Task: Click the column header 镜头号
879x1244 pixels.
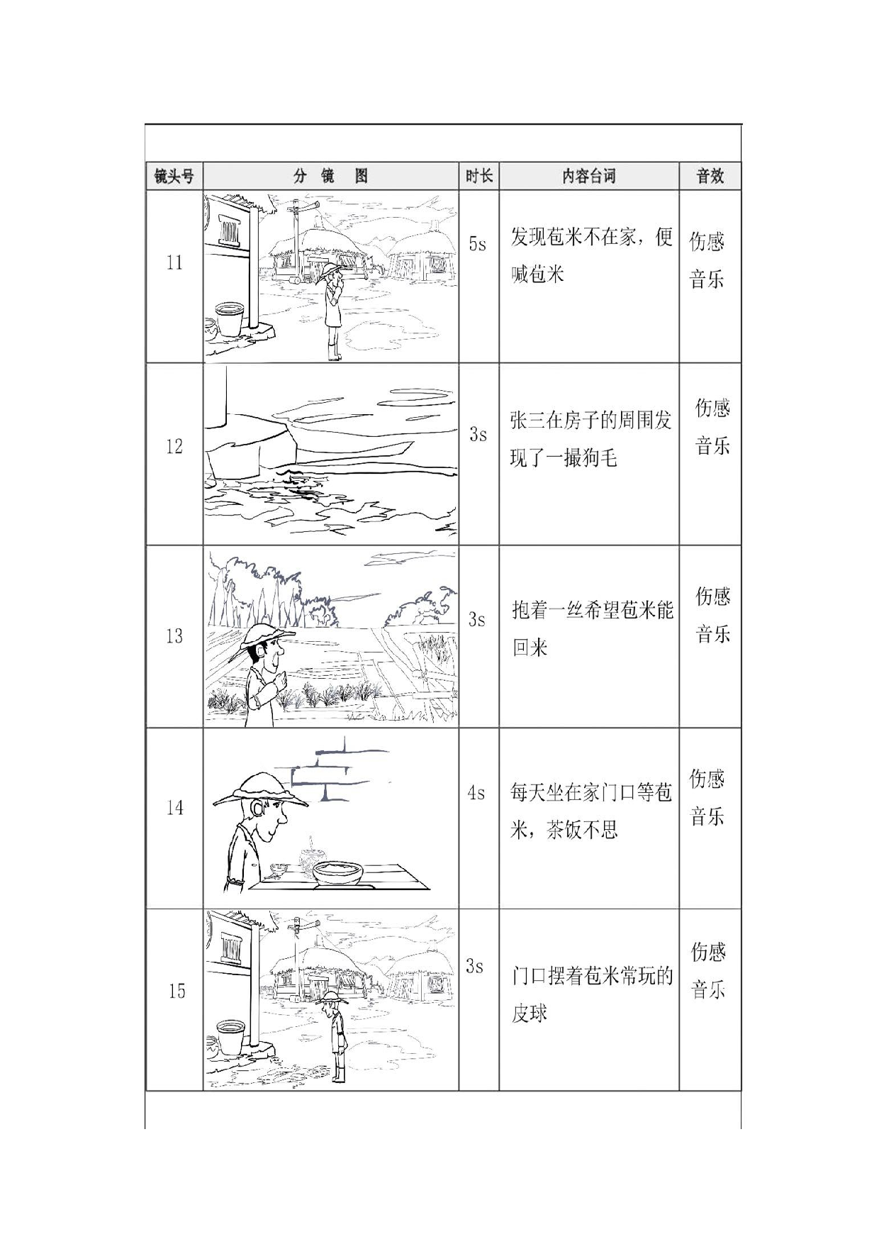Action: tap(174, 176)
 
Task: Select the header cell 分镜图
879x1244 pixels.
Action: tap(330, 176)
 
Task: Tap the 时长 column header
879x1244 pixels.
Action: tap(478, 176)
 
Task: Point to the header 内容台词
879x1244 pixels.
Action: tap(588, 176)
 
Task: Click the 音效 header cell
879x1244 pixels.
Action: tap(710, 176)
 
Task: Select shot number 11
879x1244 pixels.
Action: tap(174, 263)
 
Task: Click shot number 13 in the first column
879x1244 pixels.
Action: tap(174, 636)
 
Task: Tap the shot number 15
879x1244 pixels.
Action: tap(177, 991)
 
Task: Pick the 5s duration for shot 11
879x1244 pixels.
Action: tap(478, 244)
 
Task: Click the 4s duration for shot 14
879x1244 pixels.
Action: tap(476, 792)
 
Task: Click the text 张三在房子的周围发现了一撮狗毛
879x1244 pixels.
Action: tap(590, 439)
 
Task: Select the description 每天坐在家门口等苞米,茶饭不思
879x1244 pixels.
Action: tap(590, 811)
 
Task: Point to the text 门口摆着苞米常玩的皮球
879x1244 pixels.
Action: tap(591, 994)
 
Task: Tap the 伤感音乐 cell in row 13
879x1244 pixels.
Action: tap(712, 614)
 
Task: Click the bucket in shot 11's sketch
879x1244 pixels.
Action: tap(230, 318)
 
